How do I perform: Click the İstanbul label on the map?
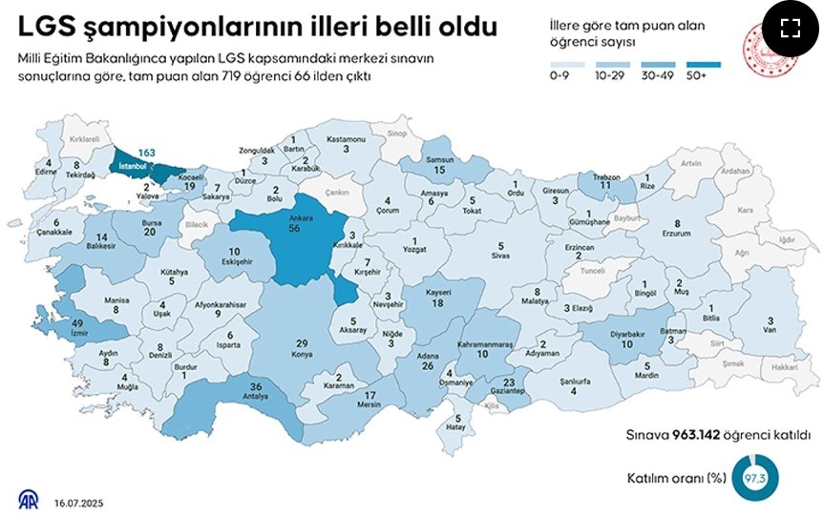point(130,166)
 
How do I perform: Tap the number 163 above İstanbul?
point(146,153)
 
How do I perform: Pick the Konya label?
point(301,354)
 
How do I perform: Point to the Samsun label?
point(439,159)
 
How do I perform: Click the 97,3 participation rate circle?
point(754,477)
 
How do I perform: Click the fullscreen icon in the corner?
point(790,28)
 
